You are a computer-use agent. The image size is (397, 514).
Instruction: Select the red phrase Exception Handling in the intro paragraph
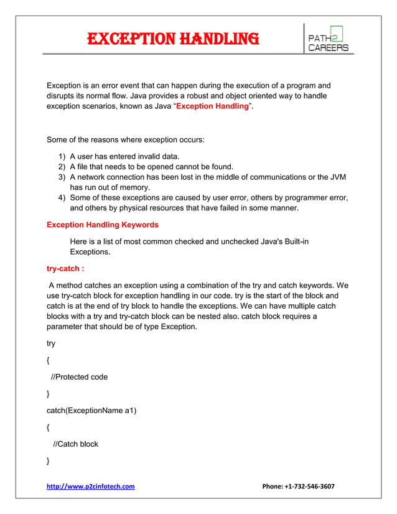click(x=212, y=107)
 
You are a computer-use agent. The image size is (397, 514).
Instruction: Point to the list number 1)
click(x=62, y=156)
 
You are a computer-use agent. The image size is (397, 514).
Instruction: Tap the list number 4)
click(x=62, y=198)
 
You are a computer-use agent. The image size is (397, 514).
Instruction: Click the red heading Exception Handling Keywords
click(x=103, y=224)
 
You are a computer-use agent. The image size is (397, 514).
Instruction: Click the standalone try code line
click(x=51, y=343)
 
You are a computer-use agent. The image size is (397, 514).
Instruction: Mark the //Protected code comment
click(x=79, y=376)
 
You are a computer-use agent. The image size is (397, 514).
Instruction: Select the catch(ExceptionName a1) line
click(x=91, y=410)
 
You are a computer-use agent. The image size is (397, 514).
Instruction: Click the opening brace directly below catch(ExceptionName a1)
click(x=49, y=428)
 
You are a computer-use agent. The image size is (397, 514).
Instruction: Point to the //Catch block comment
click(x=75, y=444)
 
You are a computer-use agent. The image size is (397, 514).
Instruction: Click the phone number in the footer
click(x=299, y=486)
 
